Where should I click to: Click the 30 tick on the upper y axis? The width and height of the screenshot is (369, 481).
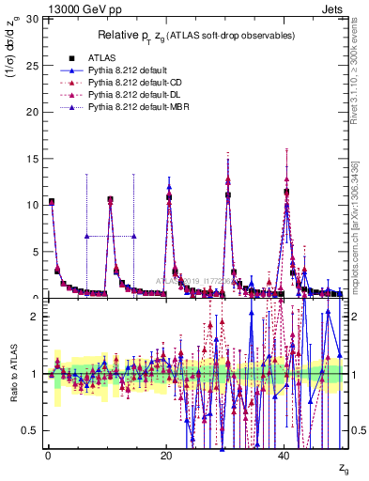pos(38,18)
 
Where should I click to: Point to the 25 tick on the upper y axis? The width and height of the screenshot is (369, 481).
pos(38,65)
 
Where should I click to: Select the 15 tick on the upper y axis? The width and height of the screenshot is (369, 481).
pos(38,158)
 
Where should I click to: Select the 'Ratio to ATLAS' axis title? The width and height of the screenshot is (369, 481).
pos(13,376)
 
